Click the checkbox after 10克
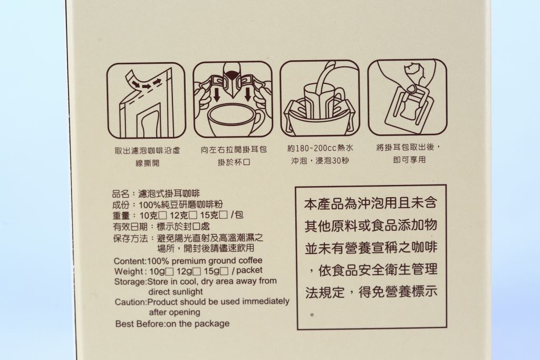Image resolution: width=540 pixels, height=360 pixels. point(163,216)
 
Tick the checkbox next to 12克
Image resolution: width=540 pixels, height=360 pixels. point(193,216)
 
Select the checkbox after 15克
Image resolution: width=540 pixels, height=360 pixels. point(224,216)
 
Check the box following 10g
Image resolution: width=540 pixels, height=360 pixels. point(169,271)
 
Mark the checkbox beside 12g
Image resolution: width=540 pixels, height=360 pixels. point(197,271)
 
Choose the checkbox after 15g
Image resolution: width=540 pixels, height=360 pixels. point(224,271)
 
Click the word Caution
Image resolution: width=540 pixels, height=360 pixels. point(130,302)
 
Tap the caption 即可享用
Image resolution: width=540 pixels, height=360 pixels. point(409,160)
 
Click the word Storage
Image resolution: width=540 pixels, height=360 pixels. point(130,282)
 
